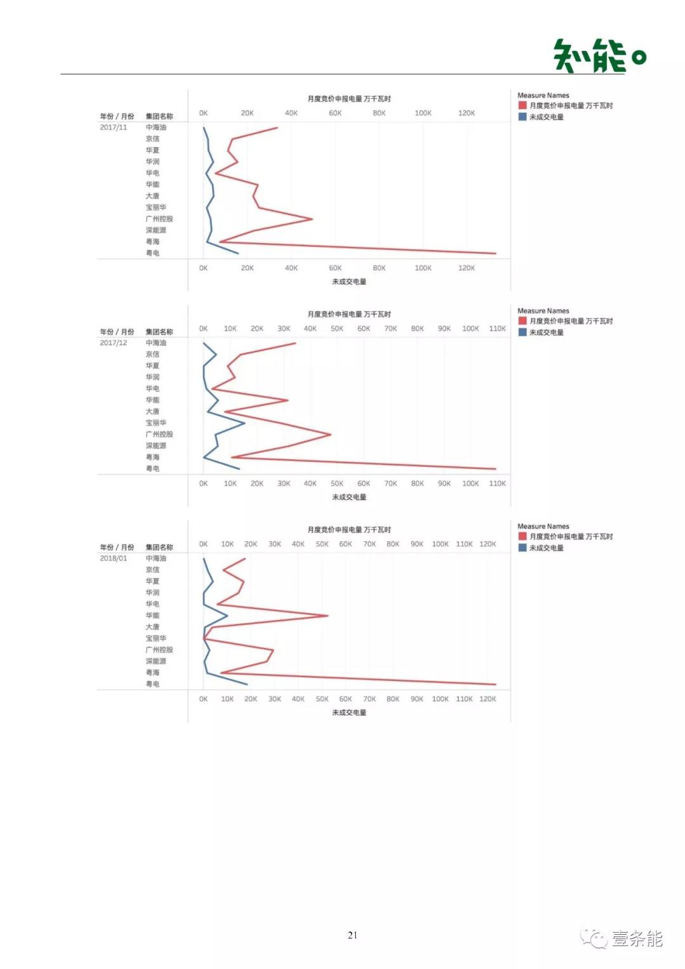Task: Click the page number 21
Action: [353, 935]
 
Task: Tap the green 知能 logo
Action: [599, 56]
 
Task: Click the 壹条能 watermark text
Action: [636, 939]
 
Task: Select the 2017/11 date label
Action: [114, 128]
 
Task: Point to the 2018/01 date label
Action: [114, 558]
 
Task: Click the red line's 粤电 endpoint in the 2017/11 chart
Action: [495, 253]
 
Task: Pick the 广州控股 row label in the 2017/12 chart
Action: [159, 434]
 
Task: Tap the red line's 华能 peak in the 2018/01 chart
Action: [327, 616]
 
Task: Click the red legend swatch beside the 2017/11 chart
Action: [523, 105]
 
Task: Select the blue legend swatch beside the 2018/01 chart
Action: [523, 548]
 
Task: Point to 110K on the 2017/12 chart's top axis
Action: [497, 329]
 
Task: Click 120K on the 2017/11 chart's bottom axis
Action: [466, 268]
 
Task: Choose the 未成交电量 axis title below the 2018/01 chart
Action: [349, 713]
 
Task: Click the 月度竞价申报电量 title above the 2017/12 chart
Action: [349, 314]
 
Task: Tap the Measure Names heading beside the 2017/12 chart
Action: [543, 311]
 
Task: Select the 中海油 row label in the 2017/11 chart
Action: [156, 128]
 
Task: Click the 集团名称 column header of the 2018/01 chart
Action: [159, 547]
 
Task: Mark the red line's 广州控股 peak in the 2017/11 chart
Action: [312, 219]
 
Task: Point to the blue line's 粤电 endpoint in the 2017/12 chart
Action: [239, 469]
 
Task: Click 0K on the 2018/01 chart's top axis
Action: [203, 544]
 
